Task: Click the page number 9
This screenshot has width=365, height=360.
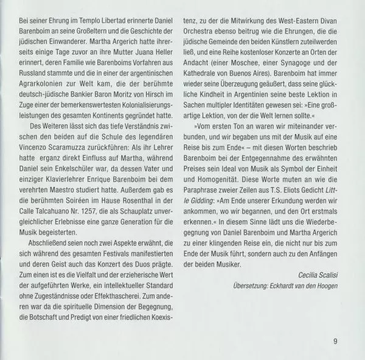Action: click(335, 340)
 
